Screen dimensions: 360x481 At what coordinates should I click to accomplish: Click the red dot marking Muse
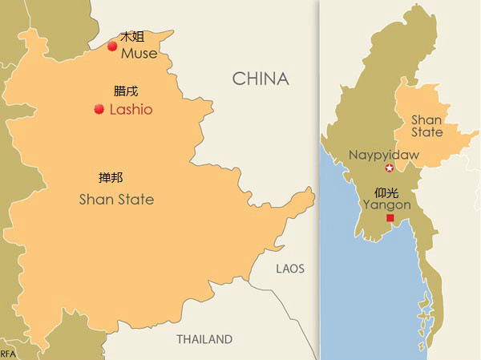(112, 47)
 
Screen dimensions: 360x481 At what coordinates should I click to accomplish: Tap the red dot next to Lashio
(99, 109)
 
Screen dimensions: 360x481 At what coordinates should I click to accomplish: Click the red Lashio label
(131, 110)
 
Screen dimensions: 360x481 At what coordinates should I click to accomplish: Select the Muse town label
(139, 53)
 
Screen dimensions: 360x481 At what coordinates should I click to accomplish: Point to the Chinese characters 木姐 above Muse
(132, 37)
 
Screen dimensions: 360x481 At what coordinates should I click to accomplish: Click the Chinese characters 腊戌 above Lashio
(127, 91)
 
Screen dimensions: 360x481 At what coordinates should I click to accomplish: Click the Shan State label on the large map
(116, 199)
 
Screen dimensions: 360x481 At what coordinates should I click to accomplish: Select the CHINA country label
(260, 79)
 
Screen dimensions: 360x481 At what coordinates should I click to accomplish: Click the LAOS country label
(289, 269)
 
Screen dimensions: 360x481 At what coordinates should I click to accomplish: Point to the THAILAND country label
(204, 339)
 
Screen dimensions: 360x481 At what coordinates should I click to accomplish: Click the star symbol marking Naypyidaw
(390, 168)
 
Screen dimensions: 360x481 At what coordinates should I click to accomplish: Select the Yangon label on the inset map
(386, 205)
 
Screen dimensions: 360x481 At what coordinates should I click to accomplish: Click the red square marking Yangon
(390, 218)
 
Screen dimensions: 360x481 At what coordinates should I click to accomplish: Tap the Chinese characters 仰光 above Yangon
(386, 192)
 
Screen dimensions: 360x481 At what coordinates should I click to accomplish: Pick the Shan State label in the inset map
(426, 126)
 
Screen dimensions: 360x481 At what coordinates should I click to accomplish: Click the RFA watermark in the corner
(8, 354)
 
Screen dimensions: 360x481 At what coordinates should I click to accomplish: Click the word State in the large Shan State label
(135, 199)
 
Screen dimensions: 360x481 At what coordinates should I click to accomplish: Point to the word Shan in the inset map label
(426, 119)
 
